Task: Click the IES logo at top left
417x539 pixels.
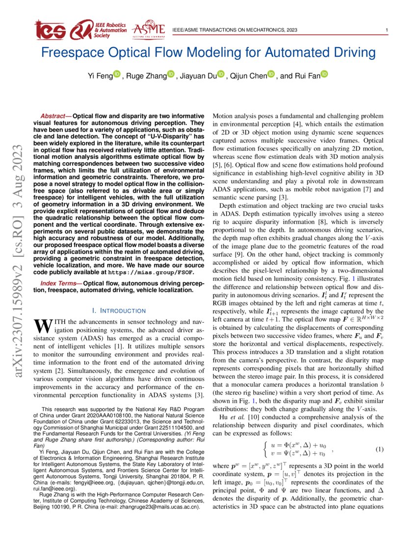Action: [50, 30]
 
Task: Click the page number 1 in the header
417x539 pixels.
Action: [388, 30]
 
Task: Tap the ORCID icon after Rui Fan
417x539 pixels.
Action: [324, 75]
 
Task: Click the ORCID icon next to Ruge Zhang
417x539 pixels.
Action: [171, 75]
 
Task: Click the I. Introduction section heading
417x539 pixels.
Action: [119, 311]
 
